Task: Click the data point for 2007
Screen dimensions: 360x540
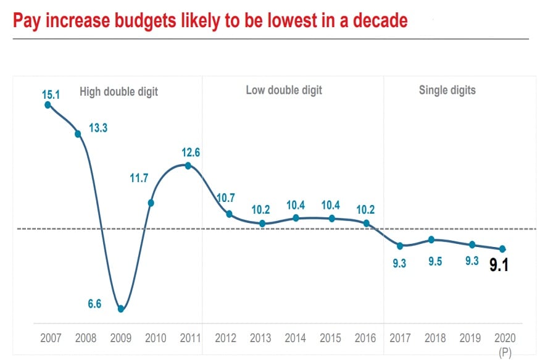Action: click(48, 105)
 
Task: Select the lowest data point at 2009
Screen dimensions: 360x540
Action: click(121, 309)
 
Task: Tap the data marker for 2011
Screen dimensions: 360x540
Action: click(188, 165)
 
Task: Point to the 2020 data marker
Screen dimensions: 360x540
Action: click(503, 249)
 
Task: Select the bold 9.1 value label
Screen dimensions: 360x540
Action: click(499, 266)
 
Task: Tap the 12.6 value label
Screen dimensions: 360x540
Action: click(191, 152)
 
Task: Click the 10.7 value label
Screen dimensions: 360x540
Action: click(226, 198)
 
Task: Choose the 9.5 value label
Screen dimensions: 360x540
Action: click(436, 261)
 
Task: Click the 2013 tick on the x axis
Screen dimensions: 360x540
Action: click(260, 338)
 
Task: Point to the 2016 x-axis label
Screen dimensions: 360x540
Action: click(366, 338)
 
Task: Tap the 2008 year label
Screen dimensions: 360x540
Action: click(86, 338)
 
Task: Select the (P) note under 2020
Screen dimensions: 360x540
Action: click(504, 353)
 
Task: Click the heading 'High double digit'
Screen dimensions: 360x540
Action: click(118, 92)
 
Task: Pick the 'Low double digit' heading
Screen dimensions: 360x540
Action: click(284, 90)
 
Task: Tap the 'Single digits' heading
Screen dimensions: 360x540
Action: click(447, 90)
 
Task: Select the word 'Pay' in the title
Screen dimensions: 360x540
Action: click(28, 21)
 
